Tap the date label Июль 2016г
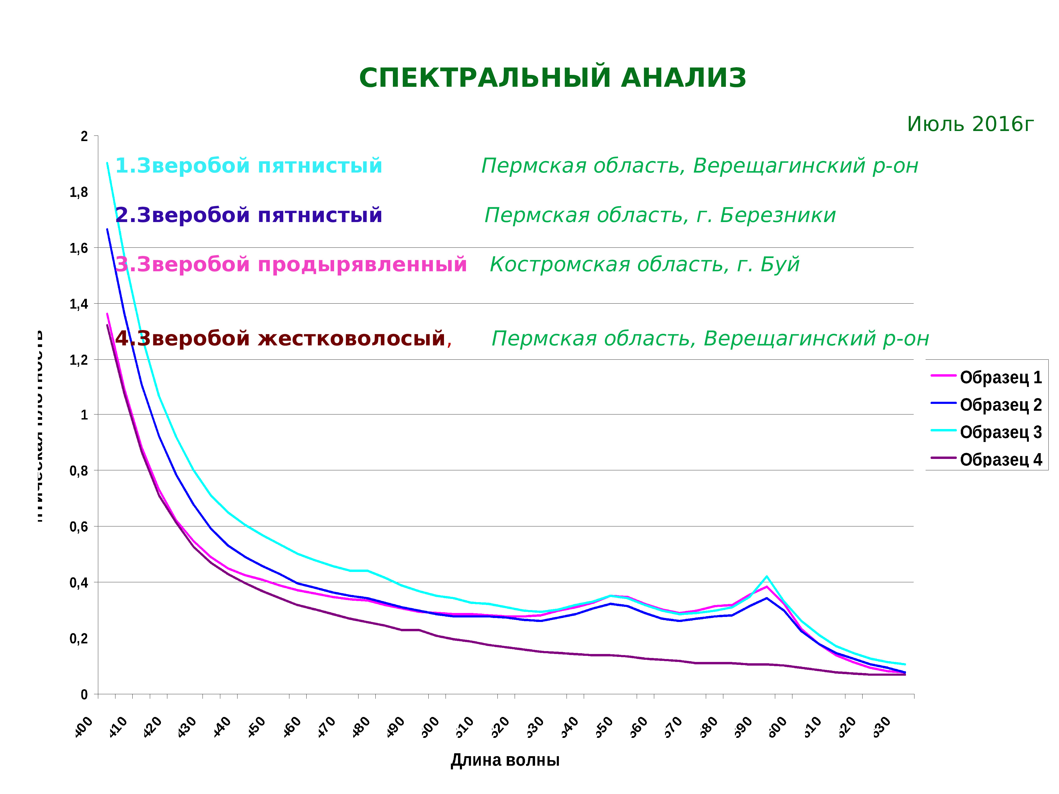pos(970,124)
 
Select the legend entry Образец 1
pos(1000,378)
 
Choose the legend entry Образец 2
pos(1000,405)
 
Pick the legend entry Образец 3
pos(1000,432)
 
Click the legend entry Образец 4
pos(1000,459)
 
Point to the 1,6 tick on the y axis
pos(79,248)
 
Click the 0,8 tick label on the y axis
pos(79,471)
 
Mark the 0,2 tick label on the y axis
pos(79,638)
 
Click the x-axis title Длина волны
pos(505,760)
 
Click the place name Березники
pos(778,215)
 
